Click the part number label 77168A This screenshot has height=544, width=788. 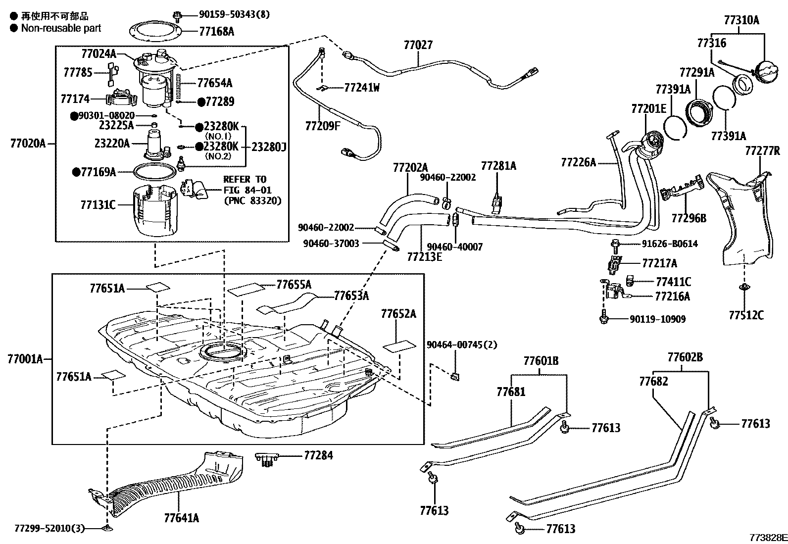pyautogui.click(x=216, y=32)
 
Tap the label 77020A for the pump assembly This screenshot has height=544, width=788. pyautogui.click(x=28, y=144)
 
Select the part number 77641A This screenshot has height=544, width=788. pyautogui.click(x=182, y=518)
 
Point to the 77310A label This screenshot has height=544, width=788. pyautogui.click(x=741, y=20)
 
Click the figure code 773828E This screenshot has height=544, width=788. pyautogui.click(x=768, y=538)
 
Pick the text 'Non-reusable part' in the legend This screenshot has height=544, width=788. pyautogui.click(x=61, y=28)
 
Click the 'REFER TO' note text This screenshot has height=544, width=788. pyautogui.click(x=245, y=180)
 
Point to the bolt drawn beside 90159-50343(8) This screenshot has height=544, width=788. pyautogui.click(x=177, y=16)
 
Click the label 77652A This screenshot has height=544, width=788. pyautogui.click(x=398, y=313)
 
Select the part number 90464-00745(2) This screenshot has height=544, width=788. pyautogui.click(x=462, y=345)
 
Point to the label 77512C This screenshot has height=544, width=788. pyautogui.click(x=746, y=315)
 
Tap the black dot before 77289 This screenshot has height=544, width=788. pyautogui.click(x=201, y=102)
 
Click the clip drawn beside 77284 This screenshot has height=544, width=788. pyautogui.click(x=267, y=459)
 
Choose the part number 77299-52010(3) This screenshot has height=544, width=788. pyautogui.click(x=49, y=529)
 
